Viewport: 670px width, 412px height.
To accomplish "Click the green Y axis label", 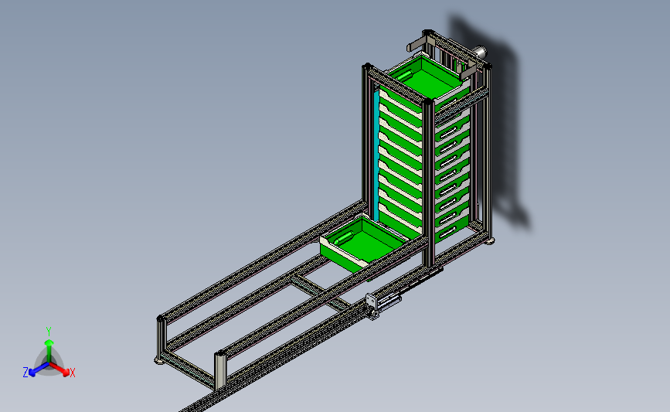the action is click(x=48, y=332).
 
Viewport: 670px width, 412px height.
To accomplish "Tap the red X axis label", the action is click(x=72, y=373).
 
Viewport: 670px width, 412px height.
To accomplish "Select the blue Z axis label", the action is click(x=26, y=373).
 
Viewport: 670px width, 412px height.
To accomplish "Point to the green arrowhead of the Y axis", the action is click(x=49, y=342).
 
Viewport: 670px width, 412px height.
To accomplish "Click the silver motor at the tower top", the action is click(x=480, y=52).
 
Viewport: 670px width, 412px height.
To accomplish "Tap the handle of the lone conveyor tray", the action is click(x=344, y=239).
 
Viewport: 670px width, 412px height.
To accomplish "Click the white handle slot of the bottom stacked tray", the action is click(x=447, y=232).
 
